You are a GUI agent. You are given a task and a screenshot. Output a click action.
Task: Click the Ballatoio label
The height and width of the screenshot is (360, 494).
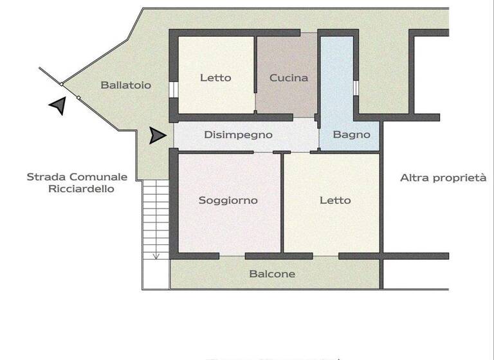pos(126,85)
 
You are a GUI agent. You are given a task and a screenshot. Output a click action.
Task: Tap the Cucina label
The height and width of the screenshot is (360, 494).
pos(289,78)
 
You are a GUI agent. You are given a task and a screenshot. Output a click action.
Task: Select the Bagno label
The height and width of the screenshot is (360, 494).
pos(351,135)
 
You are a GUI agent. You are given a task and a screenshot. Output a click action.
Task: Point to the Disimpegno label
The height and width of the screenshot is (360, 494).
pos(238,135)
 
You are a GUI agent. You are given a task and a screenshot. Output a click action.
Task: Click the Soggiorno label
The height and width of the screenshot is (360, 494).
pos(228,201)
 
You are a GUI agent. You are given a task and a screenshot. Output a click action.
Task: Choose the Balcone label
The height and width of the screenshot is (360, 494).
pos(272,274)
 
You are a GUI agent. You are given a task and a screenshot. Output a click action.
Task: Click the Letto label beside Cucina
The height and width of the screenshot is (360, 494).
pos(215,78)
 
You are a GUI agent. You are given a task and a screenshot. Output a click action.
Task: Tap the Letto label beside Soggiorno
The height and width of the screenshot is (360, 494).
pos(335,201)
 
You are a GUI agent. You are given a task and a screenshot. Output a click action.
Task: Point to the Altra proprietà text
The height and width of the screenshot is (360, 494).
pos(443,177)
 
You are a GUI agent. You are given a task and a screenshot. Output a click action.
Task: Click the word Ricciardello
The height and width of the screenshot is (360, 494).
pos(81,189)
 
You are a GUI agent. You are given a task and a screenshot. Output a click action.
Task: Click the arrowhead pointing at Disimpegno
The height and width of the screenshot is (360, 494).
pos(157,136)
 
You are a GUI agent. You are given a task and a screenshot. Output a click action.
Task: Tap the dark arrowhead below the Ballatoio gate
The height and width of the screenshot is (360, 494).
pos(58,105)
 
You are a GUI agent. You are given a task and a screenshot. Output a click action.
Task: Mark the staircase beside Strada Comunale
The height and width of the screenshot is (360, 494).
pos(155,219)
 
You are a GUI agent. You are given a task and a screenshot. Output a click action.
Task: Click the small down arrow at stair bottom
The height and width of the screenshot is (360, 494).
pos(156,255)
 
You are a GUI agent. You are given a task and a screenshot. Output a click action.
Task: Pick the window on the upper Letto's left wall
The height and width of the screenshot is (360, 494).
pos(173,89)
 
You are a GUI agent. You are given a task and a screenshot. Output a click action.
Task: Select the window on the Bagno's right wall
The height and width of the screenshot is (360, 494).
pos(355,87)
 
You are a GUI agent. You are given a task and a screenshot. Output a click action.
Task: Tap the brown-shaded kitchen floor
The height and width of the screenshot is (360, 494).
pos(287,96)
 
